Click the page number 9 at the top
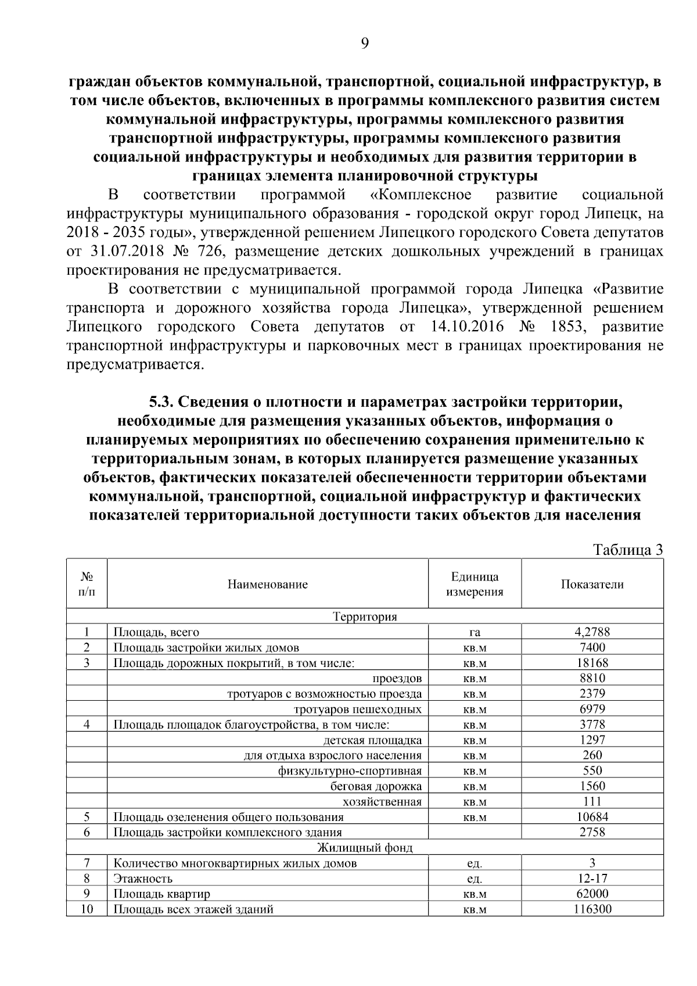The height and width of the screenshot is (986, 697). (x=365, y=44)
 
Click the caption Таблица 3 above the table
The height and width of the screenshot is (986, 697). (x=627, y=550)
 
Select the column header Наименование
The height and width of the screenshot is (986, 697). (x=267, y=585)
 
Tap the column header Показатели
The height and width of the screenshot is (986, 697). (x=592, y=585)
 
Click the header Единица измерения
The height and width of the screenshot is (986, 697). (x=475, y=585)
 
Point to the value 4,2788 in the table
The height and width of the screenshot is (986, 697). (x=592, y=632)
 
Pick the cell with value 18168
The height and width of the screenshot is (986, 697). (x=592, y=663)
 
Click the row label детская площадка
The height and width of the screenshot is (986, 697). (x=372, y=740)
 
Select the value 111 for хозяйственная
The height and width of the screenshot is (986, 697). (x=592, y=802)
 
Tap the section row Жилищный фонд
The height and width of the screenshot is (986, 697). (x=365, y=848)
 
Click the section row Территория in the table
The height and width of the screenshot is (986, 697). (x=365, y=616)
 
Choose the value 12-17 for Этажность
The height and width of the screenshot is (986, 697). (x=592, y=879)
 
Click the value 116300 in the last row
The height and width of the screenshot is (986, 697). (x=592, y=909)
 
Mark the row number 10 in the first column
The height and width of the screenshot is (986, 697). (x=87, y=909)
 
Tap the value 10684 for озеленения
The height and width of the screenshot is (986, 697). (x=592, y=817)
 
